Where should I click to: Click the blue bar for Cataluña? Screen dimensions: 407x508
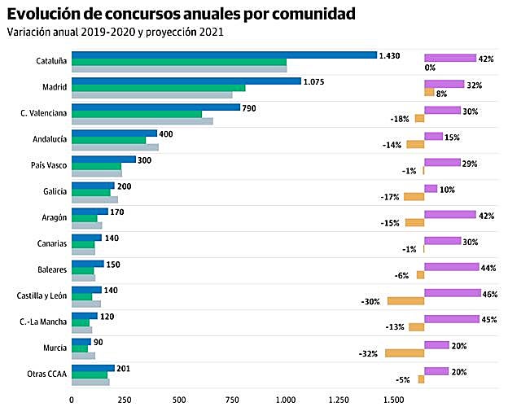coord(224,55)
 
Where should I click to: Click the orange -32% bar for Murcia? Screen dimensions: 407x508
coord(405,353)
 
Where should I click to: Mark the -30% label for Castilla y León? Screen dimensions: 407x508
coord(371,302)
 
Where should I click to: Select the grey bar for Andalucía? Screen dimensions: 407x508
coord(115,147)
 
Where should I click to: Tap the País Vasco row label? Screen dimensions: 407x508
coord(49,165)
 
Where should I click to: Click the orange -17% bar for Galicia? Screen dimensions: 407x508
coord(414,197)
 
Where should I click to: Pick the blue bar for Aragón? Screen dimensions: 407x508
coord(90,212)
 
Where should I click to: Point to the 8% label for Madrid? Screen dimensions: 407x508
coord(442,94)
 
